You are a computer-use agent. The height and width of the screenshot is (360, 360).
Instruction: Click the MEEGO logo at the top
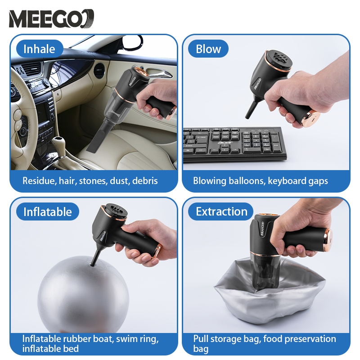tap(51, 18)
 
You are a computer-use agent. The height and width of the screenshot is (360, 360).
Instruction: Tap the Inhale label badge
tap(40, 49)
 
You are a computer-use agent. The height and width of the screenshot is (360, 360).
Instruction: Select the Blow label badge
tap(208, 49)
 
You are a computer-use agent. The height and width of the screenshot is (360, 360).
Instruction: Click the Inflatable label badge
tap(48, 211)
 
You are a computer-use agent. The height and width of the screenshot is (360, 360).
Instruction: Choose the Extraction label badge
tap(221, 211)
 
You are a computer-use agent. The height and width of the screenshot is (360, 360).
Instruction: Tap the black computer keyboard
tap(234, 144)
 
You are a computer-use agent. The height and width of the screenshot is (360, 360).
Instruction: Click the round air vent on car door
tap(99, 71)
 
